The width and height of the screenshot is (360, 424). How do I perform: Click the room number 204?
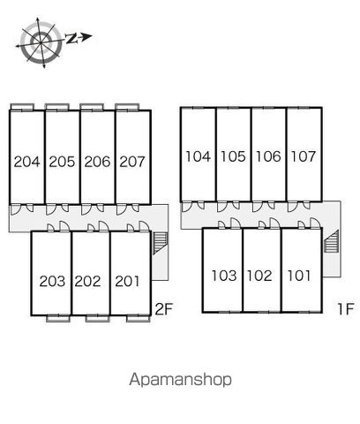click(x=26, y=162)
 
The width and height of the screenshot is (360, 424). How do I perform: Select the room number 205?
click(x=62, y=162)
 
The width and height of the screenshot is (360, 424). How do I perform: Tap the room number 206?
click(x=97, y=162)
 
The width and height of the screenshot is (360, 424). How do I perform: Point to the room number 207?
click(x=132, y=162)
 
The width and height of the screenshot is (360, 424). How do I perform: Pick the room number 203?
click(x=52, y=281)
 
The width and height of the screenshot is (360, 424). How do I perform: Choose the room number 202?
click(x=87, y=281)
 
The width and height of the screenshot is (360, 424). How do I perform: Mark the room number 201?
click(x=127, y=281)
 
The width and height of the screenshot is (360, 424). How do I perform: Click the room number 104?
click(x=198, y=156)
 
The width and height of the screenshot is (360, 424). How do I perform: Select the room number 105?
click(x=233, y=156)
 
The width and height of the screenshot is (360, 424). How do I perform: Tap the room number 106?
click(x=268, y=156)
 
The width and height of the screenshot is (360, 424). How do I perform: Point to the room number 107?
click(x=304, y=156)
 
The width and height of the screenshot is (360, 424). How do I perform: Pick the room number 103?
click(x=224, y=276)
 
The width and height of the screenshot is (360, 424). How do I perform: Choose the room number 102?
click(x=259, y=276)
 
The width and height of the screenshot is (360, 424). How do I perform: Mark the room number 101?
click(x=299, y=276)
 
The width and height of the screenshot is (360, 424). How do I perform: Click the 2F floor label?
click(x=163, y=309)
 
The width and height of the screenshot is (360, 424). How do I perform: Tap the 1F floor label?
click(x=345, y=309)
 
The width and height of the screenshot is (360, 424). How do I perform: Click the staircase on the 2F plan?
click(x=161, y=243)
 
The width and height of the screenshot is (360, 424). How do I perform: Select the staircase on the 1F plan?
click(x=332, y=241)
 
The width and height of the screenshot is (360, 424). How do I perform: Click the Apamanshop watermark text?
click(x=180, y=380)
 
